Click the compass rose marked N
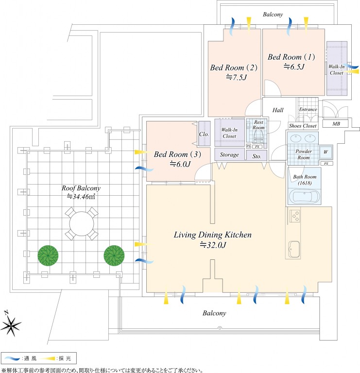13,322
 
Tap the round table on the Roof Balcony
80,223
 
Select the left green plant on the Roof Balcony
48,255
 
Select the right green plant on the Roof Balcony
113,254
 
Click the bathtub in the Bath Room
304,196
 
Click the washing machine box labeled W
325,152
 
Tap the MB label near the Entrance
336,124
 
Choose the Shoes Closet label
302,126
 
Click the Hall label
278,110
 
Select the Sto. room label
257,156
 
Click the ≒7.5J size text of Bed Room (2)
236,77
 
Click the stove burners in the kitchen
294,215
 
